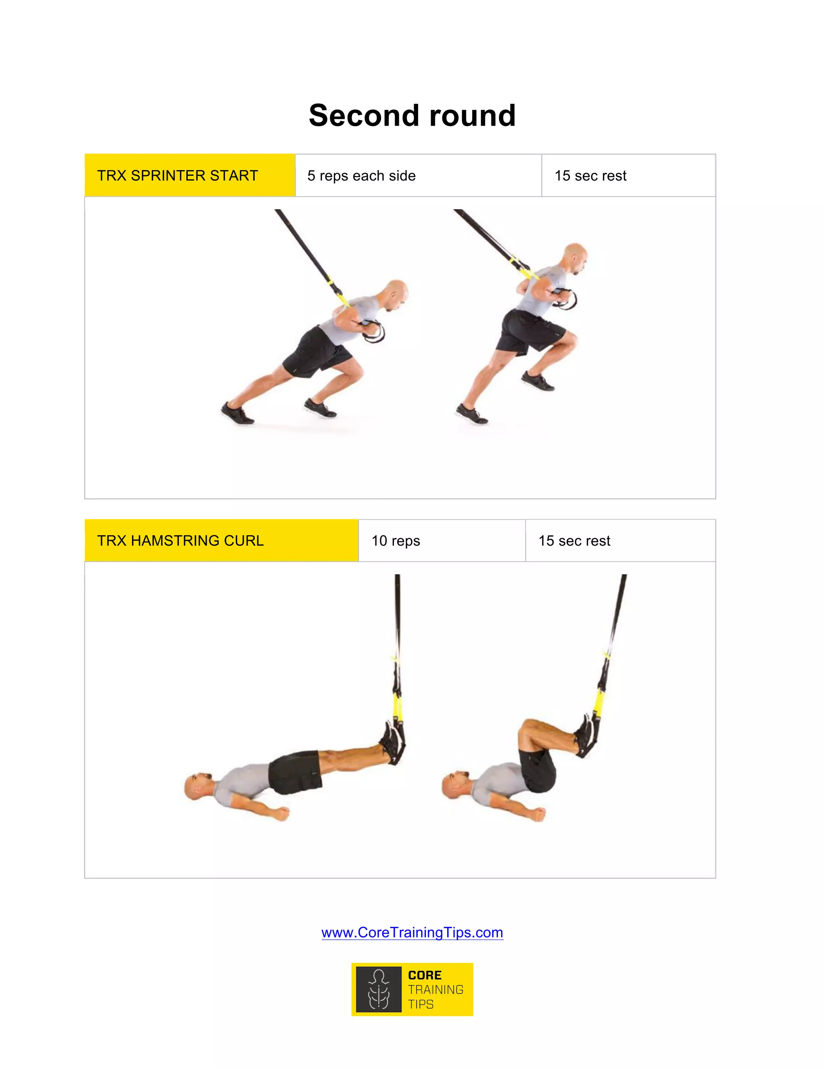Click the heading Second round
[x=412, y=116]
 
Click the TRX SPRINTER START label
[x=177, y=176]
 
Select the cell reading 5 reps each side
[x=361, y=176]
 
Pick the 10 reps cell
[x=396, y=541]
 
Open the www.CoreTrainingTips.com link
[x=412, y=933]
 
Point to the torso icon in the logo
[x=379, y=989]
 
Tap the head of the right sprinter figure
[x=575, y=256]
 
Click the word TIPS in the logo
[x=421, y=1004]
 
